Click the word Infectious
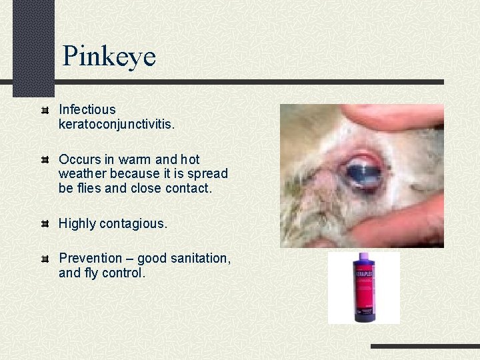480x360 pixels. (87, 109)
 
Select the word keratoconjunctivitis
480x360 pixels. (116, 124)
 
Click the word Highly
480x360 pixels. (77, 224)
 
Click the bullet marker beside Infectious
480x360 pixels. (45, 109)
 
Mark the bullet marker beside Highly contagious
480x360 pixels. (45, 223)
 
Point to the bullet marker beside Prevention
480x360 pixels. (45, 258)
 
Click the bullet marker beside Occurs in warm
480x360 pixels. (45, 159)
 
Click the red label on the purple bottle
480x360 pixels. (364, 293)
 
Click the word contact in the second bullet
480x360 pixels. (189, 189)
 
